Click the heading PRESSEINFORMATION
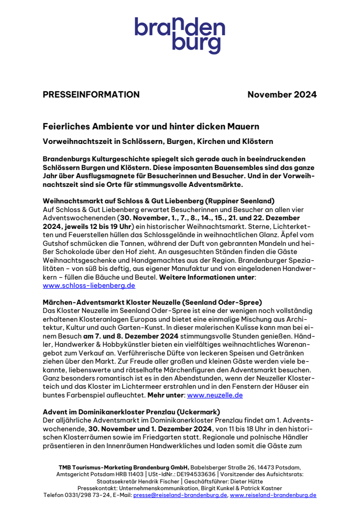click(x=91, y=95)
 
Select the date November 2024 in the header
click(x=282, y=95)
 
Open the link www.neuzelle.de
click(x=215, y=395)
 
